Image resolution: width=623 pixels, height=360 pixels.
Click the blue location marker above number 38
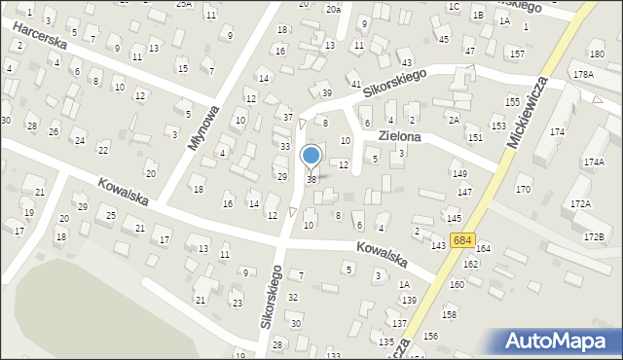(311, 155)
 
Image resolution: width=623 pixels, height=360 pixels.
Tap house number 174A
(594, 162)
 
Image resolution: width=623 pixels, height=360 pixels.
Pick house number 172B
(594, 237)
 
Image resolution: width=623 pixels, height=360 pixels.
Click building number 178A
(584, 74)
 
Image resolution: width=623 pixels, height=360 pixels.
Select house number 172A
(581, 203)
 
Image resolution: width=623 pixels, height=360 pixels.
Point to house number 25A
(184, 4)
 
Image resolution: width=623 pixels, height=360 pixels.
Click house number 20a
(333, 9)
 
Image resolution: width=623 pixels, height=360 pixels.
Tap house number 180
(596, 54)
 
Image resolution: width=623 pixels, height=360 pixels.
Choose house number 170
(523, 189)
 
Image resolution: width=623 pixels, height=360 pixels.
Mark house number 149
(458, 173)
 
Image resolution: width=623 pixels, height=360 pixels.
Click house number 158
(449, 314)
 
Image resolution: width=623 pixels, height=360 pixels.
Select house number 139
(409, 300)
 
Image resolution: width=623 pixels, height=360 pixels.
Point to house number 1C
(454, 7)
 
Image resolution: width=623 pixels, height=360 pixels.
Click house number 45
(444, 39)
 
